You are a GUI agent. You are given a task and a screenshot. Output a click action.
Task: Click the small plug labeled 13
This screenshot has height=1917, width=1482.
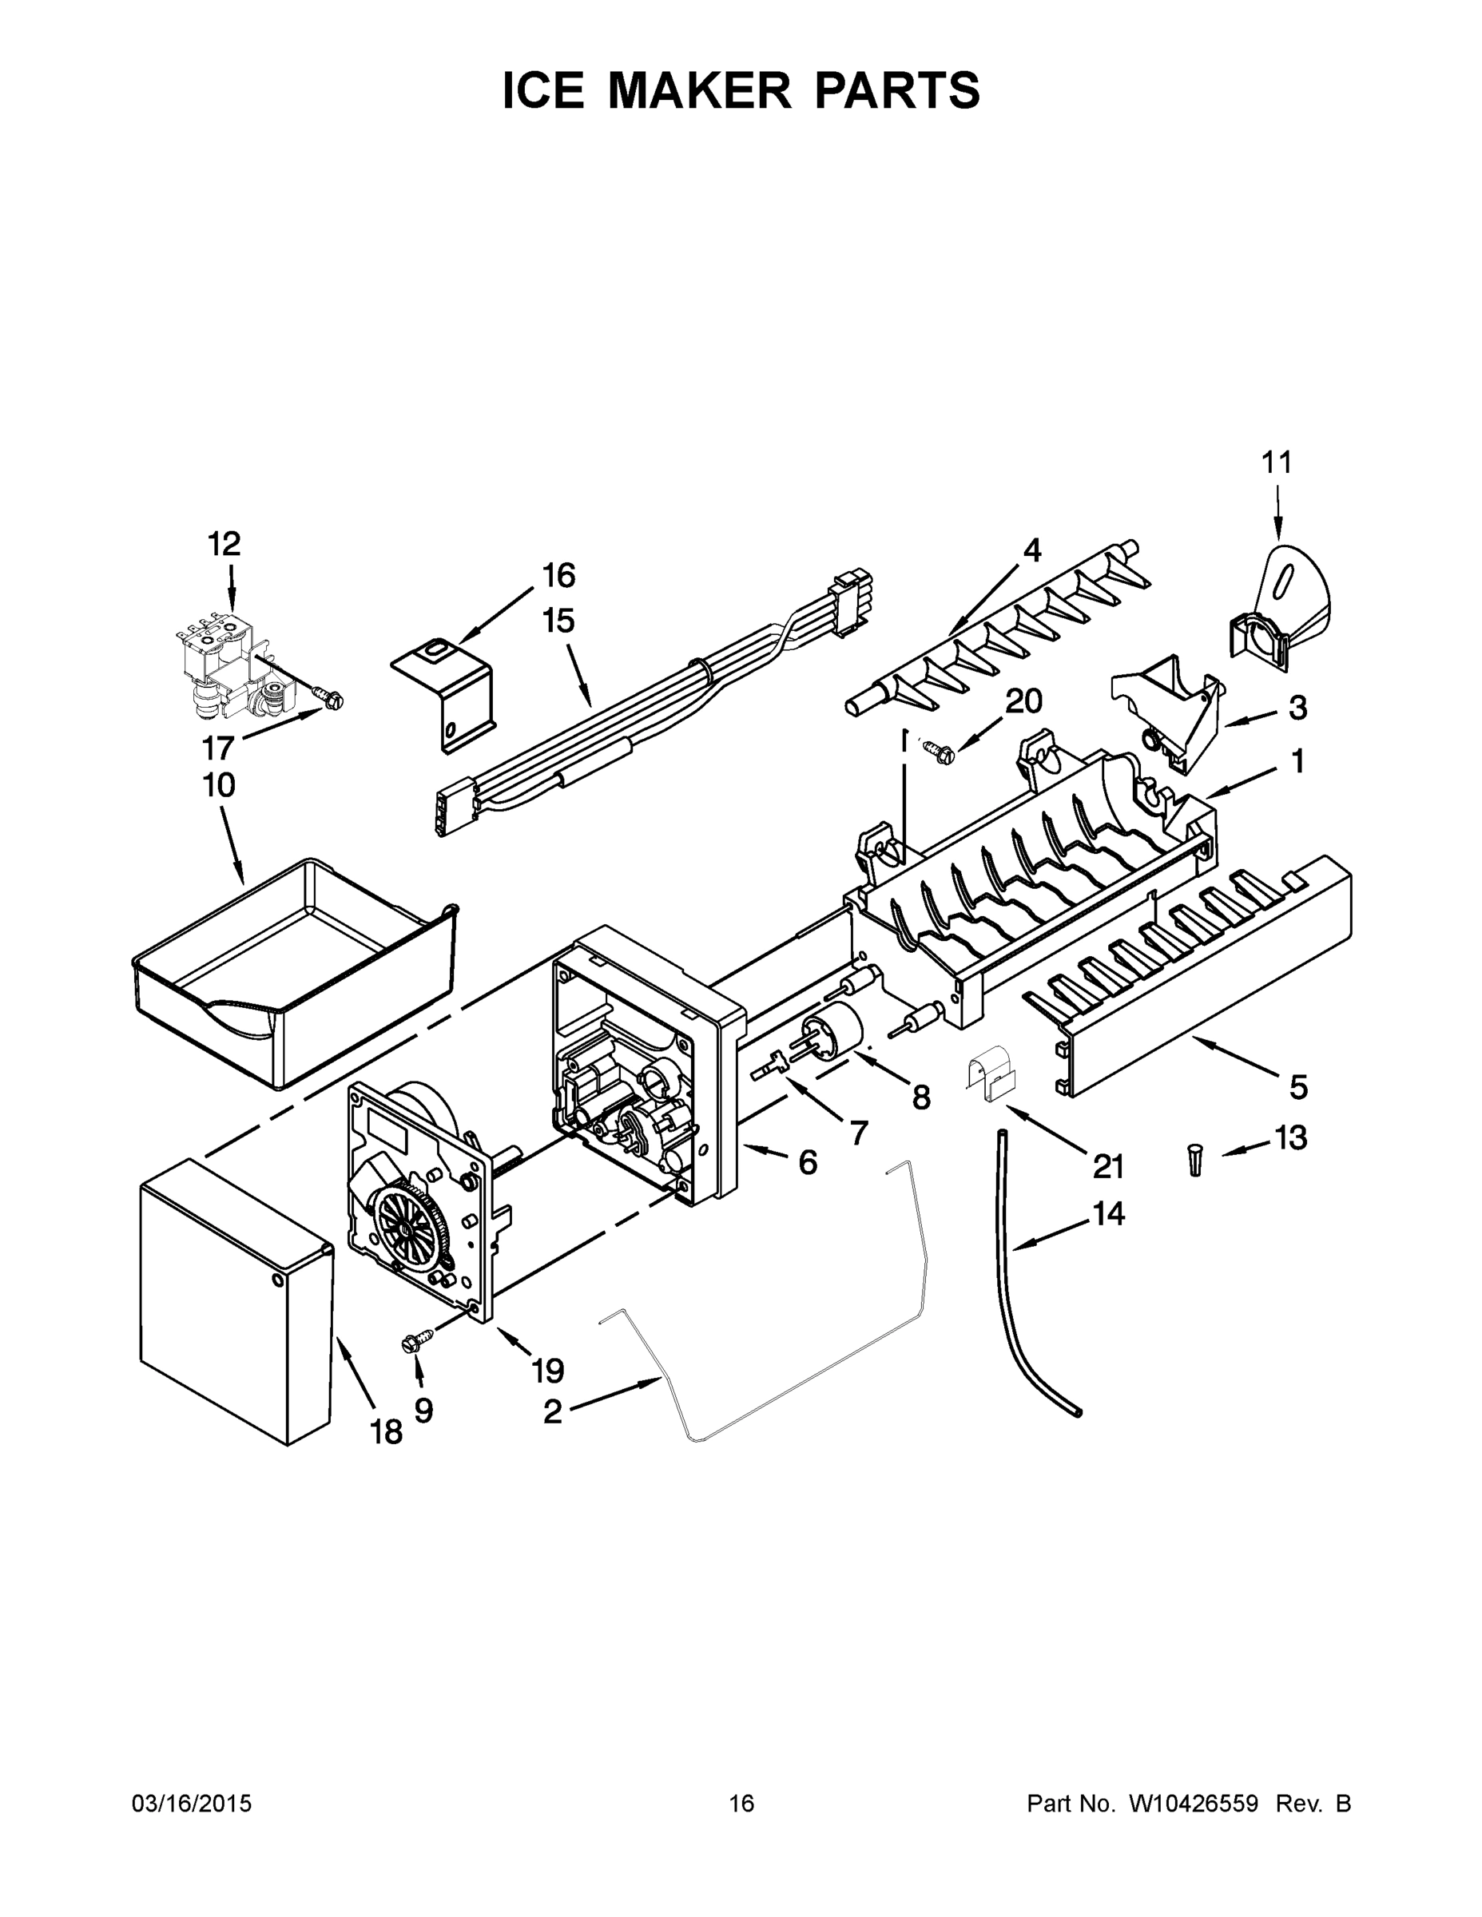pos(1195,1161)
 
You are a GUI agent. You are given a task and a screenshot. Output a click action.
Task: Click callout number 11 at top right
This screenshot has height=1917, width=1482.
pos(1277,462)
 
